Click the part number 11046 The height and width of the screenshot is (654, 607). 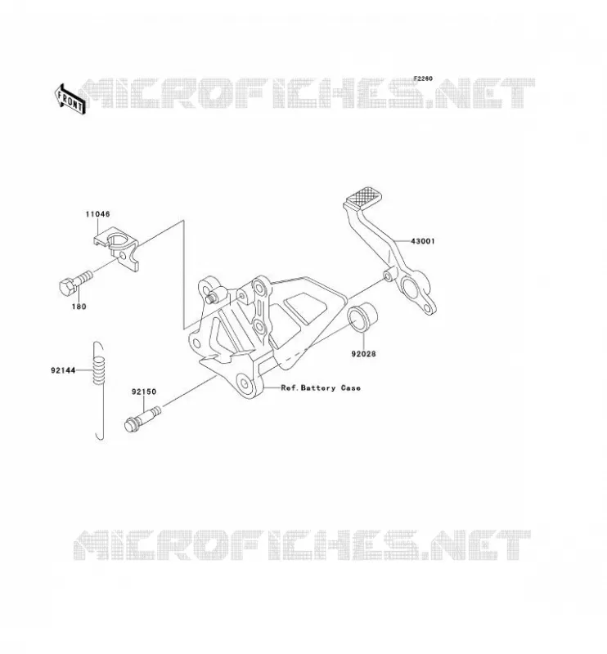click(x=97, y=214)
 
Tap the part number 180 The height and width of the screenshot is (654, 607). click(x=79, y=307)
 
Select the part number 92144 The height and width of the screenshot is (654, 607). click(x=63, y=370)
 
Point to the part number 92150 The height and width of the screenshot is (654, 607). click(x=144, y=392)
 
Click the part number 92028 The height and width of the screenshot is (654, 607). click(x=363, y=354)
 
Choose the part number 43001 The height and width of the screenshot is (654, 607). click(x=423, y=241)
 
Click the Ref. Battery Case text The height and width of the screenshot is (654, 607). click(x=321, y=387)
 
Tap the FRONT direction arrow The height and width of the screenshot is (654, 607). click(x=70, y=100)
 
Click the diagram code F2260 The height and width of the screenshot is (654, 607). click(x=423, y=78)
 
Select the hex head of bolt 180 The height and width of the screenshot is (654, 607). click(x=67, y=288)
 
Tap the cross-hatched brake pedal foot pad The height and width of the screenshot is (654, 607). click(x=363, y=196)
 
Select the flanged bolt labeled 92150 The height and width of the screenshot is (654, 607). click(x=142, y=419)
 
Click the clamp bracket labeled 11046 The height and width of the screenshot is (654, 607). click(x=116, y=249)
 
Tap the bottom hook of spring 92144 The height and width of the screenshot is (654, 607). click(x=100, y=435)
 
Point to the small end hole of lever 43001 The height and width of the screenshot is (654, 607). click(x=426, y=309)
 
